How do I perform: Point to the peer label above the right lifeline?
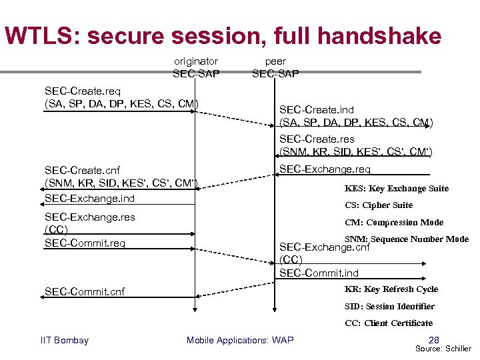pos(275,61)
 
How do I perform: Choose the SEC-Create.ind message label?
pos(317,109)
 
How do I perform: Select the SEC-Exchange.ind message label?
pos(89,198)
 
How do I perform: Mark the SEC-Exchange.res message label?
pos(89,217)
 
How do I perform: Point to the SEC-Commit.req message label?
pos(85,243)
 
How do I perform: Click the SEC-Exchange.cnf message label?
pos(325,247)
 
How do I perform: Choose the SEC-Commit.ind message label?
pos(319,273)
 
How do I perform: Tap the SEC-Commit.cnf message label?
pos(85,291)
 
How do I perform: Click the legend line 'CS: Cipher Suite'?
pos(379,205)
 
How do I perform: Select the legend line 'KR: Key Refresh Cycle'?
pos(391,289)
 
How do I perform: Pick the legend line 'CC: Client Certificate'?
pos(389,323)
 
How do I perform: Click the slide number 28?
pos(433,340)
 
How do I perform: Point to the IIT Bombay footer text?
pos(65,341)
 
